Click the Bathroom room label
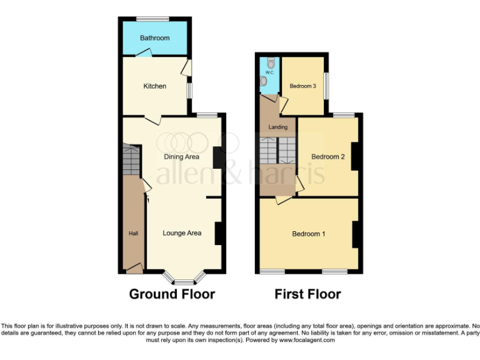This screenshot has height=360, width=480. coord(154,38)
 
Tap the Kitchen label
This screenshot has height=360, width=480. coord(154,86)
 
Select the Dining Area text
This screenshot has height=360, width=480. coord(181,157)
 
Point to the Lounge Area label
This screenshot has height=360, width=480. coord(182,233)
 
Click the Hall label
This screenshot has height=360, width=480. coord(133,233)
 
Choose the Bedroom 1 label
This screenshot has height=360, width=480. coord(309,234)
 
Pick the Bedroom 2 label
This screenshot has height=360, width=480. coord(328,157)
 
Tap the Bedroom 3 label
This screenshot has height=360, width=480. coord(302,86)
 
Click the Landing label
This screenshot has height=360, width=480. coord(278,127)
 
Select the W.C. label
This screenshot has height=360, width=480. coord(269,72)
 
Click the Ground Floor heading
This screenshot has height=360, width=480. coord(172,294)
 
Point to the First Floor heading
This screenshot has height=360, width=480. coord(307,294)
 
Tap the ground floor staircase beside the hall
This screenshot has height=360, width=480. coord(132,159)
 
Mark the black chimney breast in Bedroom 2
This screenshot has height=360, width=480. coord(354,156)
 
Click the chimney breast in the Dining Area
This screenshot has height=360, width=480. coord(219,157)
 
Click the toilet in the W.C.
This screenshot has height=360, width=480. coord(270,63)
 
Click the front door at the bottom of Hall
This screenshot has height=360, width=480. coord(134,269)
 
